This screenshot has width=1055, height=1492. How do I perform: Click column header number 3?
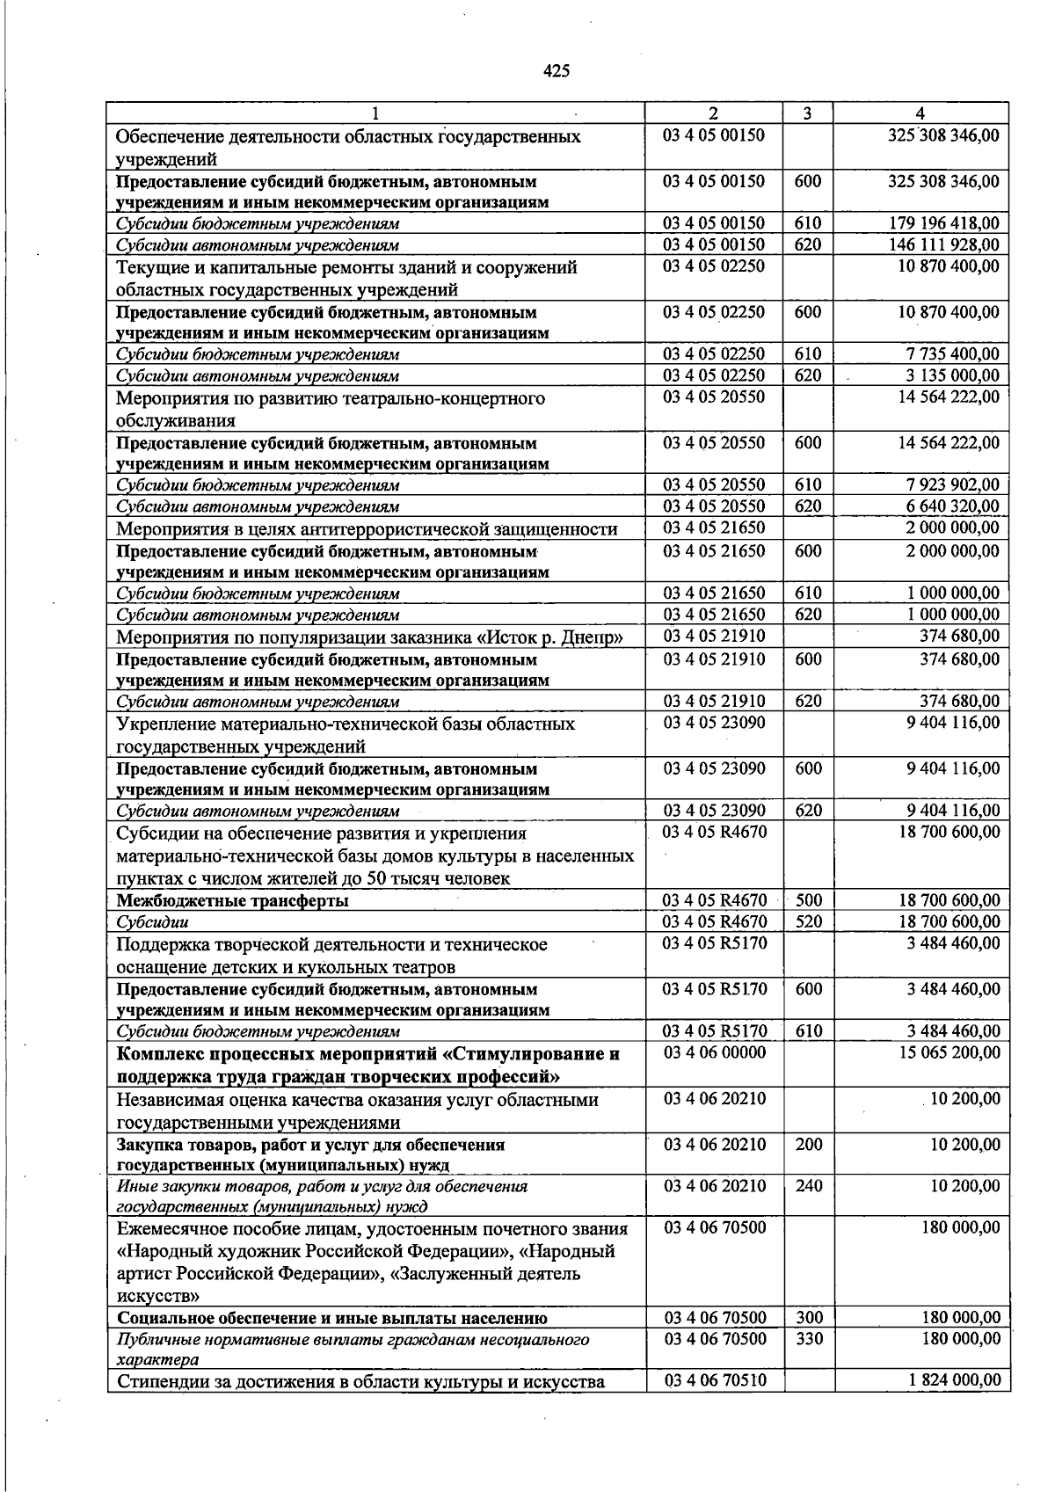[x=807, y=113]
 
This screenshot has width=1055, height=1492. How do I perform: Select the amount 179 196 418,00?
[x=944, y=223]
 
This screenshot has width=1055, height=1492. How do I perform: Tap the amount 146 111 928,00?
[x=944, y=244]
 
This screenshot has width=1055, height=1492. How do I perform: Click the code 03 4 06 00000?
[x=715, y=1052]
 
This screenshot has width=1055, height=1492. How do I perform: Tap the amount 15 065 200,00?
[x=949, y=1052]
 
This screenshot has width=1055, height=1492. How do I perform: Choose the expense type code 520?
[x=809, y=921]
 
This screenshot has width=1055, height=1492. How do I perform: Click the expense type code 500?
[x=809, y=900]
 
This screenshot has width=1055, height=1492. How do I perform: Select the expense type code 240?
[x=809, y=1186]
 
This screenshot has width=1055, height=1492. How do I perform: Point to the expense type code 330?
[x=809, y=1339]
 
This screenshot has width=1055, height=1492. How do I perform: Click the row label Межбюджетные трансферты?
[x=232, y=901]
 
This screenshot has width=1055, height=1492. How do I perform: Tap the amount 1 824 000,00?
[x=954, y=1380]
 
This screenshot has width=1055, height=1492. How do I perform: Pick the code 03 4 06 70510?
[x=715, y=1380]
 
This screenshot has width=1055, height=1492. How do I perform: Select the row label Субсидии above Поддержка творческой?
[x=153, y=922]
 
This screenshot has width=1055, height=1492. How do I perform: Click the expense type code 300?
[x=809, y=1318]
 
